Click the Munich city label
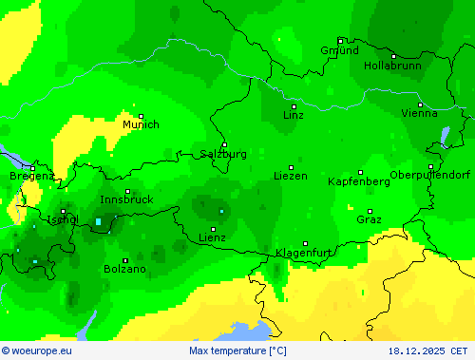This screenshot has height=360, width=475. tap(141, 124)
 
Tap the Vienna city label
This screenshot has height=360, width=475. tap(420, 113)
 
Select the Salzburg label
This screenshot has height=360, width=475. tap(224, 154)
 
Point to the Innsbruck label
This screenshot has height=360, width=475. tap(126, 199)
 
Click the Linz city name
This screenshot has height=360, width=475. tap(294, 115)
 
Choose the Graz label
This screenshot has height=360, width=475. tap(370, 219)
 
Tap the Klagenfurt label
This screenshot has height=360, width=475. tap(304, 253)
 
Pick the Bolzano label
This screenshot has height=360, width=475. tap(125, 269)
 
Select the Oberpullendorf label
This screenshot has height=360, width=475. tap(430, 175)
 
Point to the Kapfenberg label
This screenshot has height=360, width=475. tap(358, 180)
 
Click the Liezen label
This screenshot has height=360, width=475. tap(290, 176)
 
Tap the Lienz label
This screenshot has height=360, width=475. tap(213, 237)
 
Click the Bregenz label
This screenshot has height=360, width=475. tap(31, 176)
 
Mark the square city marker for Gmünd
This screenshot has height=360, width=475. tap(340, 41)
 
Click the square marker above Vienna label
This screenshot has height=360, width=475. tap(420, 104)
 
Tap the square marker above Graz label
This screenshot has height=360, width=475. tap(370, 211)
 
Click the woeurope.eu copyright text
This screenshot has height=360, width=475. tap(36, 351)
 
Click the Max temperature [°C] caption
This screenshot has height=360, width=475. tap(237, 351)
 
